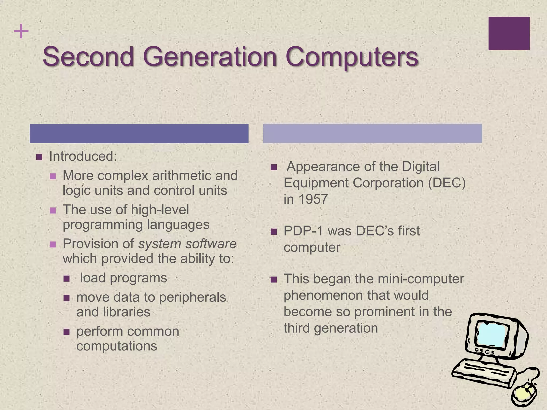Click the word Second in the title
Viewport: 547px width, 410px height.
click(x=88, y=57)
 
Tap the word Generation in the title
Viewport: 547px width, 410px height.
click(x=210, y=57)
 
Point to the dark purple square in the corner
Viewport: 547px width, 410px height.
click(x=509, y=33)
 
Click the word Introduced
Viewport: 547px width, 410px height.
click(x=83, y=156)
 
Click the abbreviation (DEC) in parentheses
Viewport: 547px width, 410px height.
click(x=447, y=183)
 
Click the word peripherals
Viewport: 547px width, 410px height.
click(x=193, y=297)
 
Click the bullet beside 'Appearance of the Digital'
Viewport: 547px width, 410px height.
click(x=273, y=167)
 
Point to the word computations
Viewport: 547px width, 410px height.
click(x=117, y=346)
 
